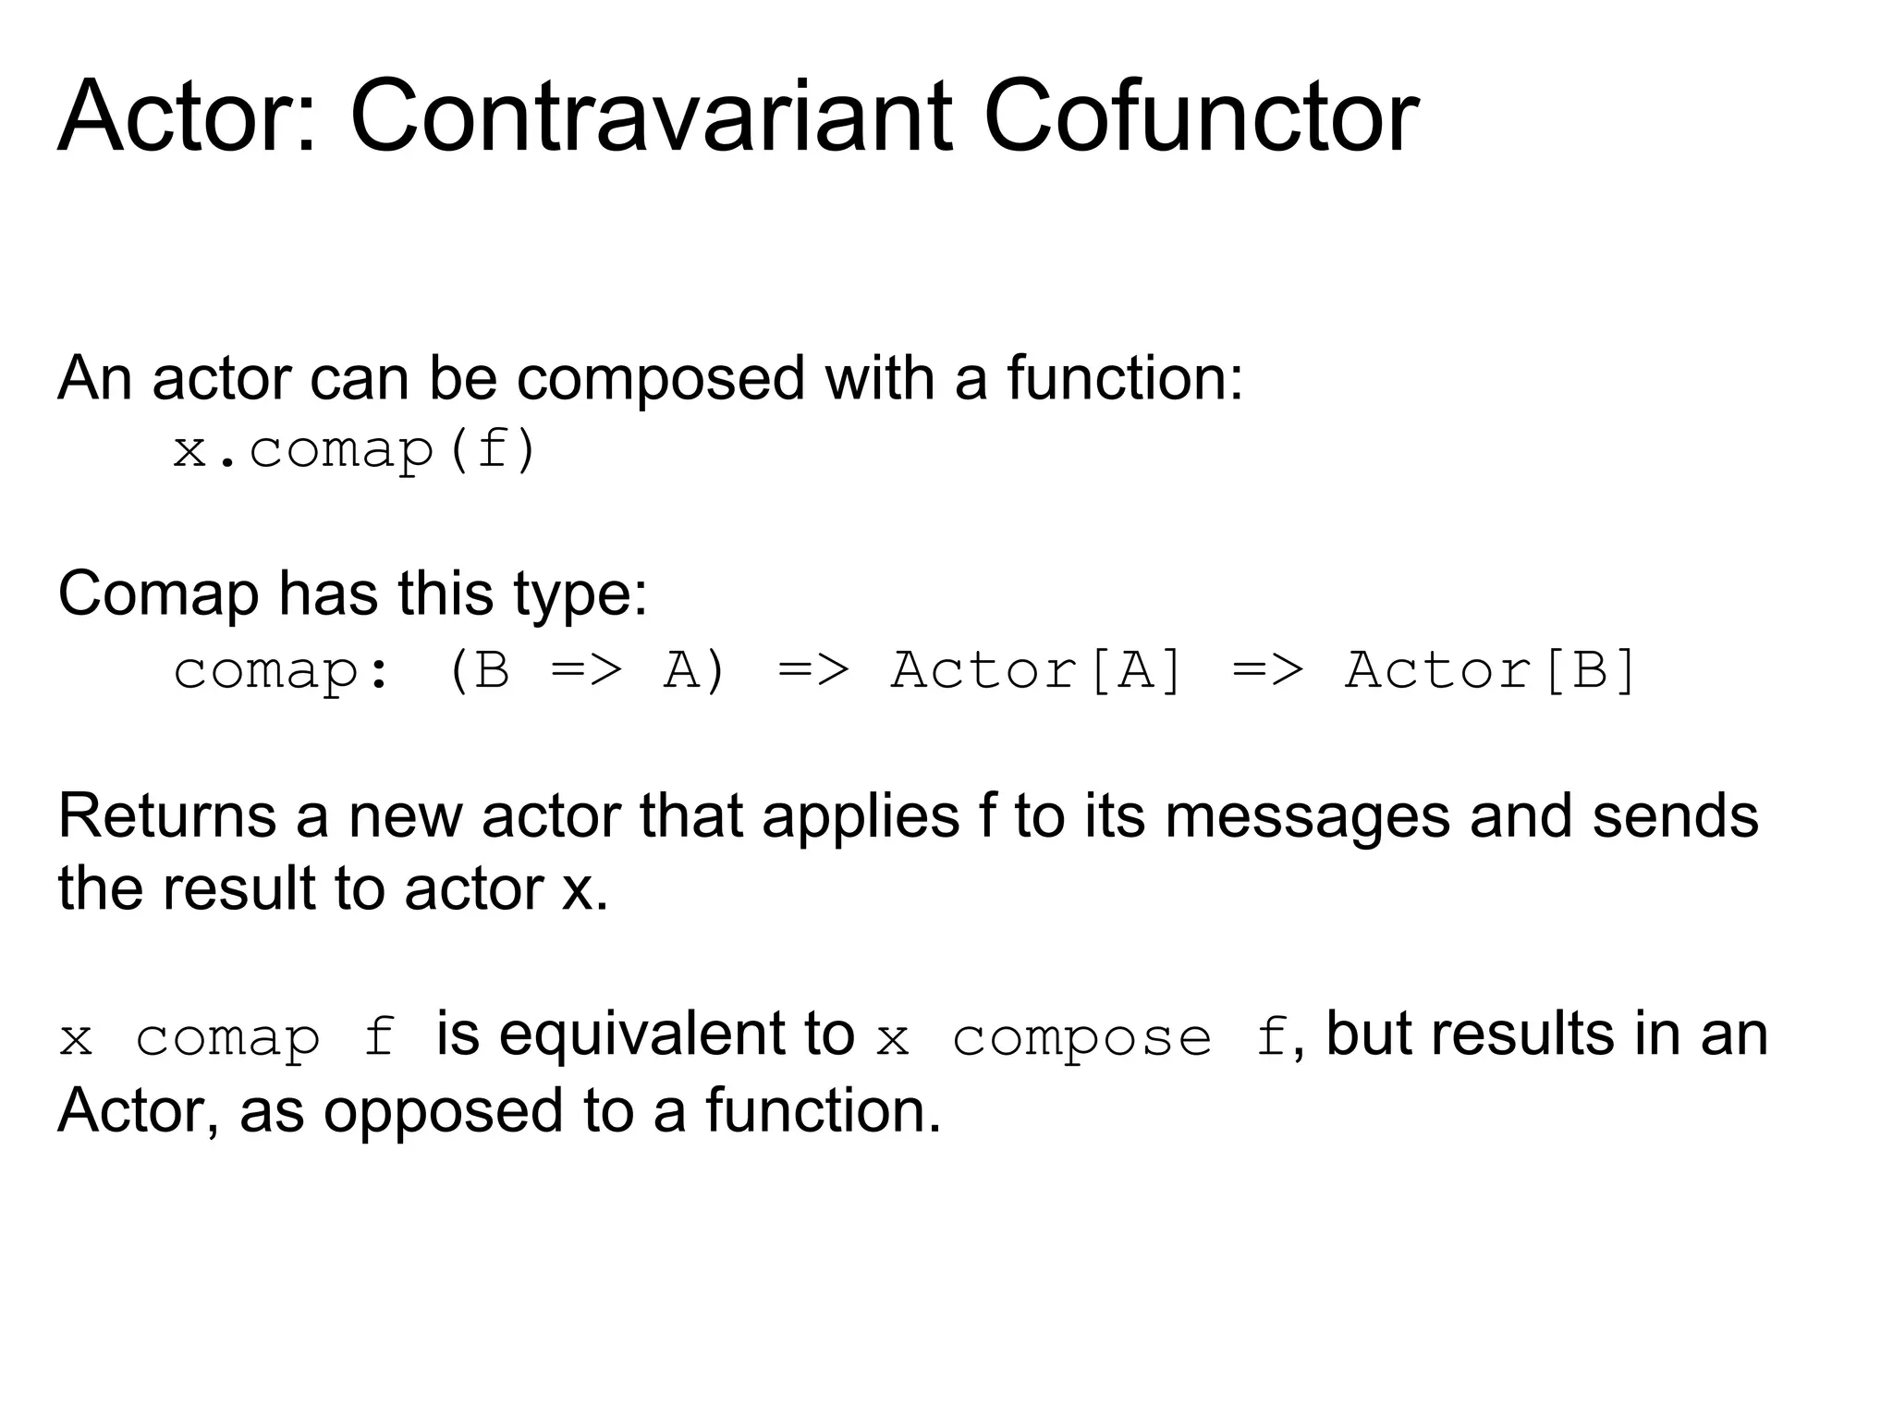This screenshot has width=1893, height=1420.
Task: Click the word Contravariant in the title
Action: click(651, 117)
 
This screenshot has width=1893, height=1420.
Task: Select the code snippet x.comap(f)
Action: click(355, 451)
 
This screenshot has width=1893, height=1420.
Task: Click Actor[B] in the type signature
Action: click(1491, 669)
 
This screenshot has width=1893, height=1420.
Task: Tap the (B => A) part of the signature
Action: click(586, 669)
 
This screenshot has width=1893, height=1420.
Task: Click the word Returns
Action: click(167, 815)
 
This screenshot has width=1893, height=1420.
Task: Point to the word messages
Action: click(1307, 815)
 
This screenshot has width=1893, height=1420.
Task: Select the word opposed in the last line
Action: click(443, 1110)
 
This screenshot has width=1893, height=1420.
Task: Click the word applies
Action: click(861, 817)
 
